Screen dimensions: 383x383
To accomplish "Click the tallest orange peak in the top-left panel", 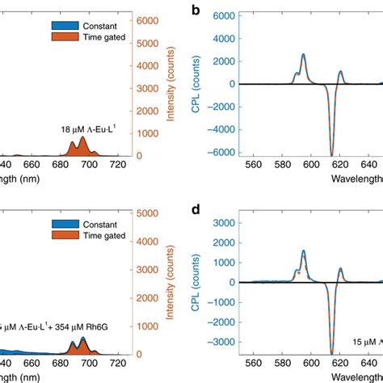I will (x=82, y=139).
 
